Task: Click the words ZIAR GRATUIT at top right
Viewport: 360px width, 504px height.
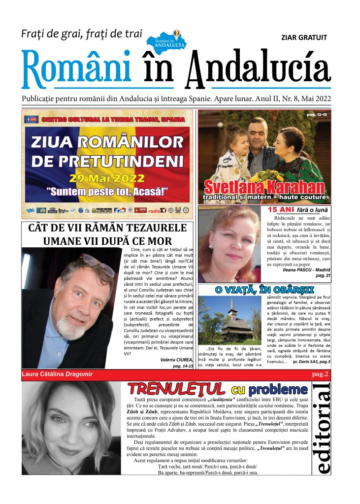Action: (303, 37)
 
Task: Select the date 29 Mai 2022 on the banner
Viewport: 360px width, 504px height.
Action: (107, 178)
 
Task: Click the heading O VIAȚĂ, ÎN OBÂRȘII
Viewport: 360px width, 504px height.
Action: (264, 289)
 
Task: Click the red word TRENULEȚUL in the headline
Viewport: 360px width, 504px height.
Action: (176, 389)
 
